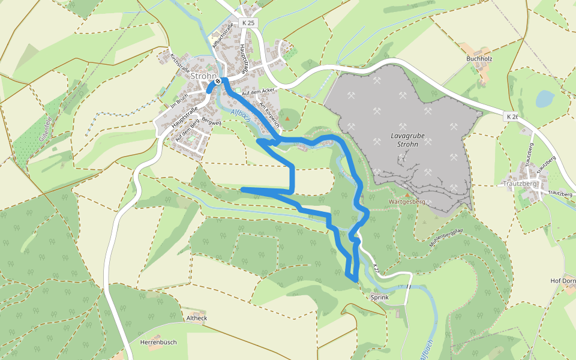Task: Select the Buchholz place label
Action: coord(479,59)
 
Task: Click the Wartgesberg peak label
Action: coord(407,202)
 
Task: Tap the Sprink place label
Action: coord(380,298)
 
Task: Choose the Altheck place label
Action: coord(197,318)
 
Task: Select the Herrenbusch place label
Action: coord(158,342)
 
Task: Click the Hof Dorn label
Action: coord(563,281)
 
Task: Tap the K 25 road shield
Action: coord(249,22)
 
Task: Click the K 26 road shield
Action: coord(512,116)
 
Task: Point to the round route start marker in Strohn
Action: coord(218,82)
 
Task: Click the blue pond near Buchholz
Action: coord(545,98)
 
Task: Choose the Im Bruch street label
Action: coord(179,101)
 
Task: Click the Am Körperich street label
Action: coord(269,115)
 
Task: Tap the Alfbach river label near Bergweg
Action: coord(241,115)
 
